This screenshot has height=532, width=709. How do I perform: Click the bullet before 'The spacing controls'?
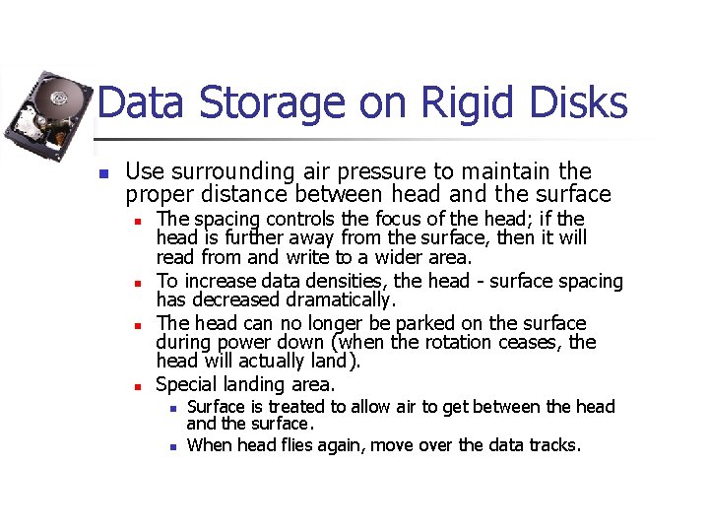(141, 220)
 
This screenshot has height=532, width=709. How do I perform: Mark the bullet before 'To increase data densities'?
(141, 282)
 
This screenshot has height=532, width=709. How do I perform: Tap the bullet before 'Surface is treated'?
(171, 408)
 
